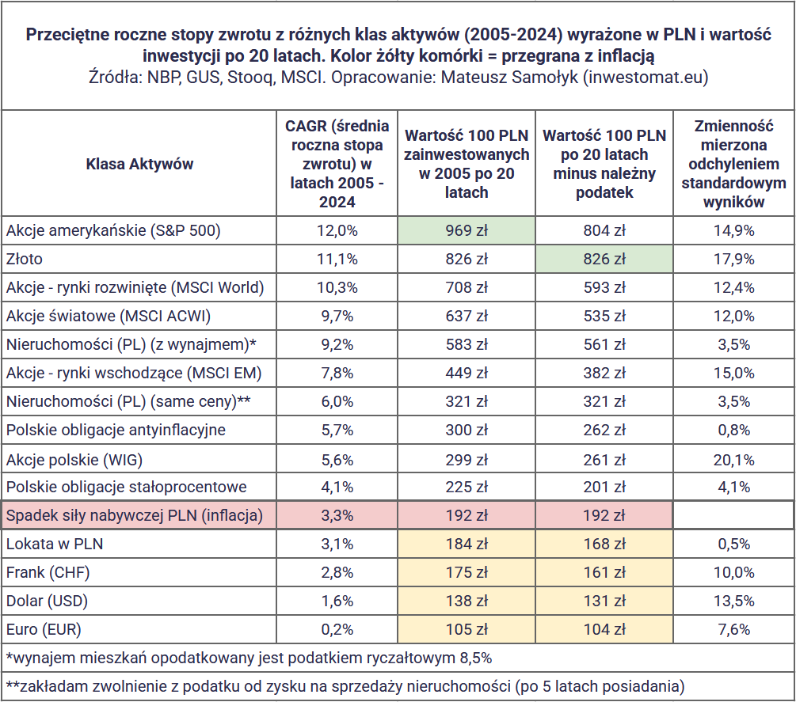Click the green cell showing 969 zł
coord(466,231)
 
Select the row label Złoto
coord(25,259)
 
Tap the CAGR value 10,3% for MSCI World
coord(337,287)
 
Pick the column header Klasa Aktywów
coord(139,164)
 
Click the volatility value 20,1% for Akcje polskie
coord(733,460)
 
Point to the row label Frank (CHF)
coord(48,573)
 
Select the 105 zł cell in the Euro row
coord(466,629)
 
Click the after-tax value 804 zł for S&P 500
coord(604,231)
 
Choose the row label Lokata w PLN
coord(55,545)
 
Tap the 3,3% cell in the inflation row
coord(337,516)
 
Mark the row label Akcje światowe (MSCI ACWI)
coord(109,316)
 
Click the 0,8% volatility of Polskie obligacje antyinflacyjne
coord(733,430)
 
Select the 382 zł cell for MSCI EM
coord(604,374)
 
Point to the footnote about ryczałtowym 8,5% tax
coord(249,658)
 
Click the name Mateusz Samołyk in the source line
coord(510,77)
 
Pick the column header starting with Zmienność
coord(733,164)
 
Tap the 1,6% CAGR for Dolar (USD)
coord(337,601)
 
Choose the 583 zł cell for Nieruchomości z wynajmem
coord(466,345)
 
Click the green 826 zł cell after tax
coord(604,259)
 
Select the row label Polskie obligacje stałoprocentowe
coord(127,487)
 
